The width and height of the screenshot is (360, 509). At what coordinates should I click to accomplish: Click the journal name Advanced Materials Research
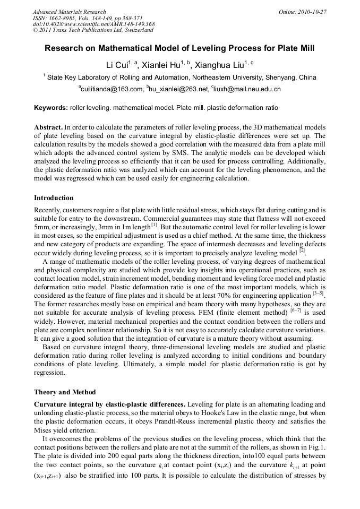click(x=69, y=11)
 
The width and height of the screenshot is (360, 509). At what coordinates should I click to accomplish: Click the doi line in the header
click(x=93, y=24)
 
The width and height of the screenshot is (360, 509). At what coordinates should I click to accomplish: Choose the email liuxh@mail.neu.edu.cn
click(x=247, y=89)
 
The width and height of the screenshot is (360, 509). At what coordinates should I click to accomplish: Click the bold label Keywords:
click(x=51, y=108)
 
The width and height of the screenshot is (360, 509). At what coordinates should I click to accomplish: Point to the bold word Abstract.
click(x=48, y=128)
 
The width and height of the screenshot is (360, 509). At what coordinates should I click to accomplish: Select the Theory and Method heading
click(x=64, y=392)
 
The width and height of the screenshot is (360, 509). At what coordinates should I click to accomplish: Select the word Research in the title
click(x=67, y=48)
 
